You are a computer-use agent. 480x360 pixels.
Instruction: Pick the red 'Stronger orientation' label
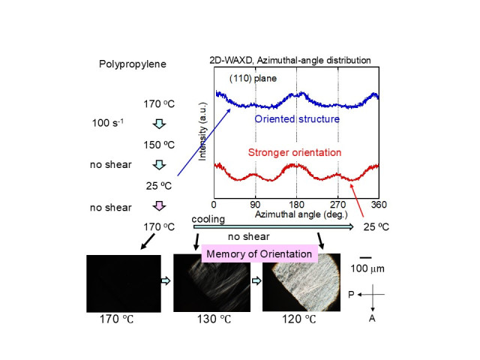pos(295,153)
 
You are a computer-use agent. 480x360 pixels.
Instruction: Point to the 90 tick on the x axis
pos(255,204)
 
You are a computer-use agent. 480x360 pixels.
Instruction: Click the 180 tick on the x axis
pos(297,204)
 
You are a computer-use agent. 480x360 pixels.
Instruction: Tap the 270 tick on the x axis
pos(338,204)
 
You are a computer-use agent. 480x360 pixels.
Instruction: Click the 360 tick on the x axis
pos(379,204)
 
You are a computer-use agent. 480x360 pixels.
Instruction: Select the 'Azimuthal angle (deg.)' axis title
pos(296,214)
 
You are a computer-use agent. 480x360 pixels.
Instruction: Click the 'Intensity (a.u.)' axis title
pos(203,133)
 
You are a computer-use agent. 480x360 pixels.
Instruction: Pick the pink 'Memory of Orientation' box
pos(259,253)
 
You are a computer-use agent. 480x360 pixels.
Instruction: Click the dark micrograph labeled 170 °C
pos(123,283)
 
